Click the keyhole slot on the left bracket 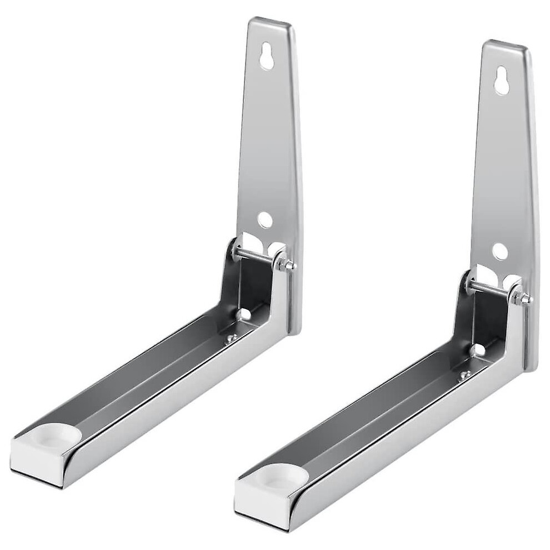[x=267, y=56]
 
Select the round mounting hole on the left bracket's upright [x=265, y=220]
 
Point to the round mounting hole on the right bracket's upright [x=499, y=252]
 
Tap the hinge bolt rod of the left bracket [x=256, y=255]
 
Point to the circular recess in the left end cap [x=51, y=436]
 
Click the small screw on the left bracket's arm [x=232, y=337]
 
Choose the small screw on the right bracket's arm [x=464, y=376]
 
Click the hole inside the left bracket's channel [x=242, y=314]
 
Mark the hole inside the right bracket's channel [x=475, y=351]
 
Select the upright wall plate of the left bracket [x=269, y=139]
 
